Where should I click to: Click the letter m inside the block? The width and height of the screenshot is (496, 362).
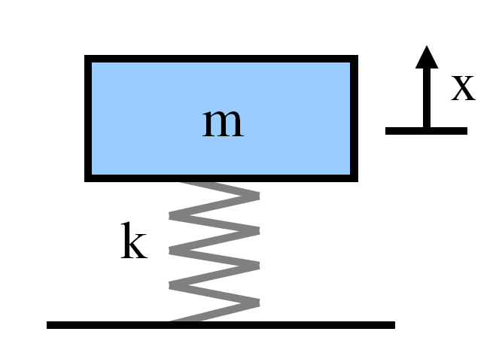click(x=223, y=123)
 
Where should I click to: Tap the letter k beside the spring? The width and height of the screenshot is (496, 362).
click(x=134, y=243)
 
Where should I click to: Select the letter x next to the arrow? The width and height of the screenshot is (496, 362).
click(x=463, y=88)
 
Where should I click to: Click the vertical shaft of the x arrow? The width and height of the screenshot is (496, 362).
click(x=427, y=98)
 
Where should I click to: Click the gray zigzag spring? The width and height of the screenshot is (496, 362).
click(x=215, y=252)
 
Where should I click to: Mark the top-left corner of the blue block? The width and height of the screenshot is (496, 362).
click(x=87, y=58)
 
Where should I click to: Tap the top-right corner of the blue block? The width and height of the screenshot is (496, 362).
click(x=355, y=58)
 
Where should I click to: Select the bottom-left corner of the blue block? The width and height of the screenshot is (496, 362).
click(x=87, y=179)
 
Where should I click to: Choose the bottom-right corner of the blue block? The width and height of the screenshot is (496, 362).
click(x=355, y=179)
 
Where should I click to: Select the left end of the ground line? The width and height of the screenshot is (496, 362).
click(x=48, y=325)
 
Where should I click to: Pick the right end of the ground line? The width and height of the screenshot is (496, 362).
click(x=394, y=325)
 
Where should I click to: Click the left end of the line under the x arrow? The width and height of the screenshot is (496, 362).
click(x=387, y=131)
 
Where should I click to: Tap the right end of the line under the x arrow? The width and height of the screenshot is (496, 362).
click(x=466, y=131)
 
